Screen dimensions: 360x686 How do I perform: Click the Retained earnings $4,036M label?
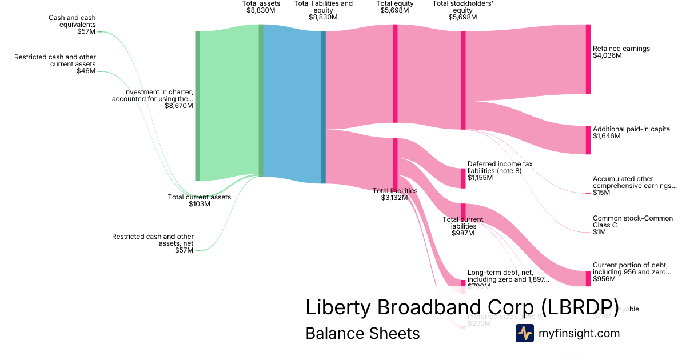click(x=621, y=52)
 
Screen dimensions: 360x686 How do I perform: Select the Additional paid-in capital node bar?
click(x=588, y=140)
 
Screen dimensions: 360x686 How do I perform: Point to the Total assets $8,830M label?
click(x=261, y=7)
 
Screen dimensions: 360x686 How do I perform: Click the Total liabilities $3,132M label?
click(x=394, y=194)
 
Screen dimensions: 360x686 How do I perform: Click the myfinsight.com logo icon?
click(x=524, y=333)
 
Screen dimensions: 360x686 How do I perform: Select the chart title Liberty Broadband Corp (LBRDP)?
click(x=462, y=307)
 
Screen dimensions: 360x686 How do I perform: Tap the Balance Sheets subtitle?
click(x=362, y=333)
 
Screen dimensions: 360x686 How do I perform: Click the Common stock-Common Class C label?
click(x=625, y=225)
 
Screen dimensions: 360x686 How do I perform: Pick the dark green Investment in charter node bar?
click(x=198, y=106)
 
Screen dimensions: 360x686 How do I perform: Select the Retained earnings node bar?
click(x=588, y=59)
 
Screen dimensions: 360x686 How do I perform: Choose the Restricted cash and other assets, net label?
click(x=153, y=243)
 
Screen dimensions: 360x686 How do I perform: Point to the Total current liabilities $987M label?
click(x=462, y=226)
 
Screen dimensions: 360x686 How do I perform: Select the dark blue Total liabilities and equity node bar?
click(x=323, y=107)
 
